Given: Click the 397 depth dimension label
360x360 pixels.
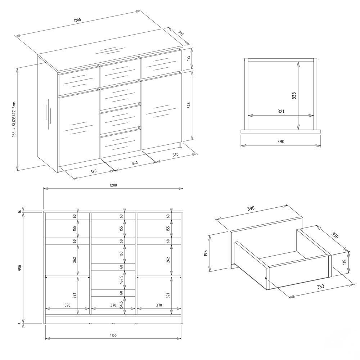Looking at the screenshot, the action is (x=181, y=33).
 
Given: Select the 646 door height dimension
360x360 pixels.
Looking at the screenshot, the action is (x=189, y=105).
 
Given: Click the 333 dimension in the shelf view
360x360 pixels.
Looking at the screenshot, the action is (x=294, y=96).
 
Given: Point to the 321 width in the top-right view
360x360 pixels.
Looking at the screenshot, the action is (x=281, y=111).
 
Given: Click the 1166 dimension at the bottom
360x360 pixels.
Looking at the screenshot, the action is (x=113, y=335).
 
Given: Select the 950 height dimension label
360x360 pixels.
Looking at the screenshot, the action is (x=20, y=267).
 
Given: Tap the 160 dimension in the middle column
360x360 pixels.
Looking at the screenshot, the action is (x=121, y=254).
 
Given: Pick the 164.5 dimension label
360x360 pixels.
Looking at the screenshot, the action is (x=121, y=279).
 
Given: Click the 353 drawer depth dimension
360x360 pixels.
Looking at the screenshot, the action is (x=320, y=287).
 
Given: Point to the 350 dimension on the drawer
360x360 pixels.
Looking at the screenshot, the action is (x=335, y=235).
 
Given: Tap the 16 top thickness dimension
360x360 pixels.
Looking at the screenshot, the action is (x=20, y=211).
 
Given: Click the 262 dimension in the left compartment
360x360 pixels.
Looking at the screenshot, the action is (x=75, y=260).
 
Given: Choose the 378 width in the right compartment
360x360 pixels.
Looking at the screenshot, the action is (x=159, y=305).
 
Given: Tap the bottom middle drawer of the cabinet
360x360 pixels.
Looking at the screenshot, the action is (x=120, y=143).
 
